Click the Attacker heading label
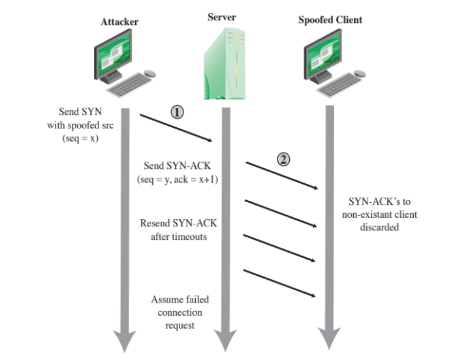tap(119, 22)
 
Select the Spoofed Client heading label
tap(330, 20)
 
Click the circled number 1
tap(176, 112)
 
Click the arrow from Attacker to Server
tap(177, 128)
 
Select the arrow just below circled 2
tap(281, 213)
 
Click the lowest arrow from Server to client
tap(281, 283)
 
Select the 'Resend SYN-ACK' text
tap(178, 223)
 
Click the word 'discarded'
tap(379, 228)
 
